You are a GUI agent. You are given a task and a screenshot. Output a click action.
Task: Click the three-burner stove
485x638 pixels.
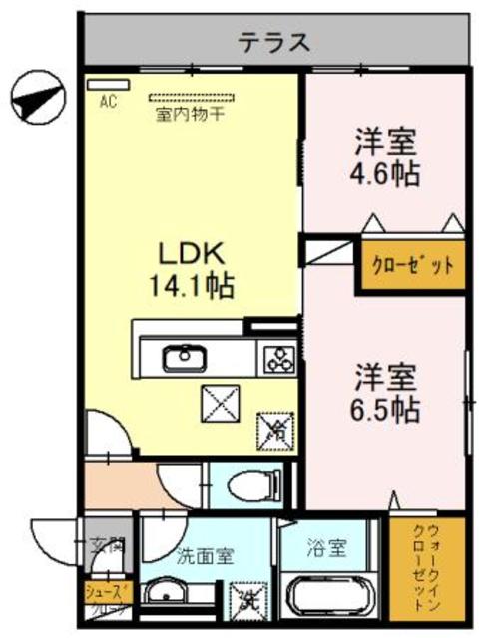point(276,356)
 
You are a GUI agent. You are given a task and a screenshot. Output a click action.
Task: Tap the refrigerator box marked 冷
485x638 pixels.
point(274,431)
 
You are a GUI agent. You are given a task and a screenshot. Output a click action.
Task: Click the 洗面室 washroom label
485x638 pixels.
point(206,555)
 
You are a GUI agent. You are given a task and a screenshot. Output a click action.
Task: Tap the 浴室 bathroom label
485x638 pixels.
point(326,548)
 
